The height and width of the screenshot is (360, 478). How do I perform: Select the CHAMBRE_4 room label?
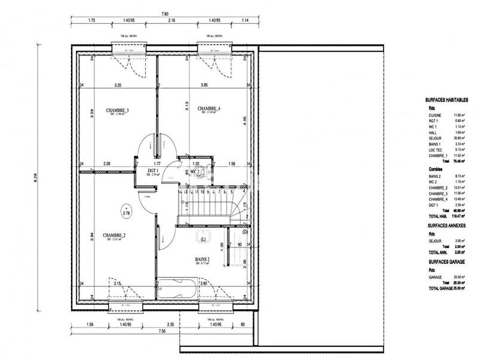211,108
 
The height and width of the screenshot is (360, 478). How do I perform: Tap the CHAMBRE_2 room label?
114,235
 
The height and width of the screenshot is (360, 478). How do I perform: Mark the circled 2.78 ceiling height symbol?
126,212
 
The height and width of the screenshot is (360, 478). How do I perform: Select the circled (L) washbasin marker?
203,240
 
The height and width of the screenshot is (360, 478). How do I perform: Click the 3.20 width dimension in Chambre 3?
118,86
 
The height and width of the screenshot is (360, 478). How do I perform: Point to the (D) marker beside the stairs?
245,231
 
